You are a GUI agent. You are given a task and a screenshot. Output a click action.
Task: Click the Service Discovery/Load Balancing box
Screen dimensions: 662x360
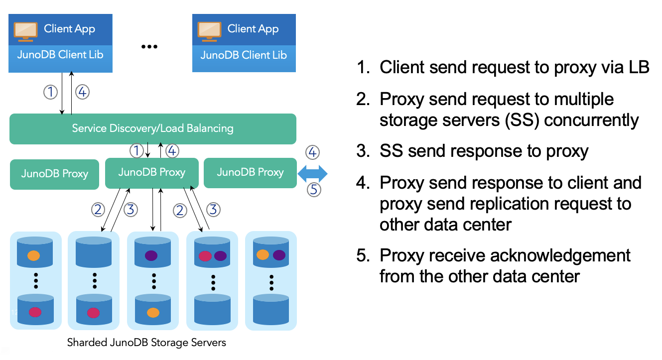pos(153,129)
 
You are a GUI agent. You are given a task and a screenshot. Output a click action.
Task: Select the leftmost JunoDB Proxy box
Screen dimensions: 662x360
pos(54,174)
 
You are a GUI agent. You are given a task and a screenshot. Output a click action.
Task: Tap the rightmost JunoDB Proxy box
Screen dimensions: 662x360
pos(250,173)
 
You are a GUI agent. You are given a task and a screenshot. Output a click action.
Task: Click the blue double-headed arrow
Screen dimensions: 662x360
pos(312,174)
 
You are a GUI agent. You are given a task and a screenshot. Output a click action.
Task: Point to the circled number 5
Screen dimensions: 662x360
pos(313,190)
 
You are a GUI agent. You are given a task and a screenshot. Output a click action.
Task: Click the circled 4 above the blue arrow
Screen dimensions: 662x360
pos(312,152)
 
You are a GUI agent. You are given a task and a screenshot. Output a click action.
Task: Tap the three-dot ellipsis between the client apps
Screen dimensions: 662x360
pos(149,46)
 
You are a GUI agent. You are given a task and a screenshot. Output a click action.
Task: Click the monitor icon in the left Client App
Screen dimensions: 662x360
pos(26,31)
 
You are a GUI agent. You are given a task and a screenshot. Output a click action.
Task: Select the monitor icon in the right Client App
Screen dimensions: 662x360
pos(210,31)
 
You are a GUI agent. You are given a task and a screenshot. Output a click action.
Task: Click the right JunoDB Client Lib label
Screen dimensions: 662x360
pos(244,55)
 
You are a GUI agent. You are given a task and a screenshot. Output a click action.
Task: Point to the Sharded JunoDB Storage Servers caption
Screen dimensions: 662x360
pos(146,343)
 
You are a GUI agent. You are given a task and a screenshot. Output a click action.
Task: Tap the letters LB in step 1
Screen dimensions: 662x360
pos(639,67)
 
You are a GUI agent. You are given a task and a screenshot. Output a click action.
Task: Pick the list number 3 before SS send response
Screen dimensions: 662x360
pos(363,151)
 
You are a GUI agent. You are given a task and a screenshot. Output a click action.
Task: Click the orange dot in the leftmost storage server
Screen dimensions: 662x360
pos(34,255)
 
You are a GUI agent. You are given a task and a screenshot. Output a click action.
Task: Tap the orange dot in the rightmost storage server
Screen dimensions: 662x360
pos(263,254)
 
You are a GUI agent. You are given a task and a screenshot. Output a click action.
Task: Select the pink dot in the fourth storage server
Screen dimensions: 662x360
pos(205,256)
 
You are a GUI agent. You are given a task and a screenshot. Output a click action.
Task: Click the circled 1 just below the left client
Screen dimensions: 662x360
pos(50,92)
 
